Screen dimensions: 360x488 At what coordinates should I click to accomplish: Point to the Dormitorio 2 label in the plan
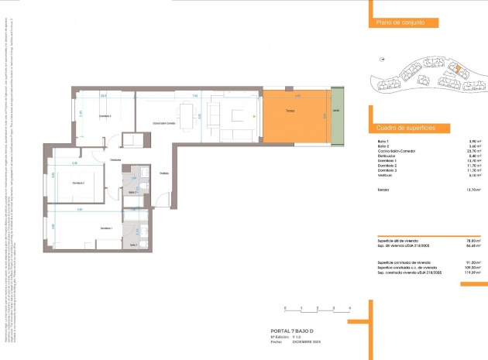coord(78,183)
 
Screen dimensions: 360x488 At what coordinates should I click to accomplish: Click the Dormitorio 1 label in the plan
coord(106,228)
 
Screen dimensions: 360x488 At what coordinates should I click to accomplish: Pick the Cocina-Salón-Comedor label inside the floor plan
coord(163,122)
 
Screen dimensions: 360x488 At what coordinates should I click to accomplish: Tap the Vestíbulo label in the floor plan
coord(164,173)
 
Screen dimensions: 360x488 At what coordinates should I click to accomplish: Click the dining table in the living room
coord(186,113)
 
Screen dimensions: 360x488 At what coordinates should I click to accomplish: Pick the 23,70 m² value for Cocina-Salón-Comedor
coord(474,150)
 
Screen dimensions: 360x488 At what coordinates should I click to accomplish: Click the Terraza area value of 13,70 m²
coord(474,190)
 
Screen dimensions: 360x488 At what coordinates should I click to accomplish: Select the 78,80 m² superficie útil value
coord(473,241)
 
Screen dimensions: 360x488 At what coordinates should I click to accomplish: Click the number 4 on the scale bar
coord(350,308)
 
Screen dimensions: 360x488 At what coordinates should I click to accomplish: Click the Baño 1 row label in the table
coord(382,140)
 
